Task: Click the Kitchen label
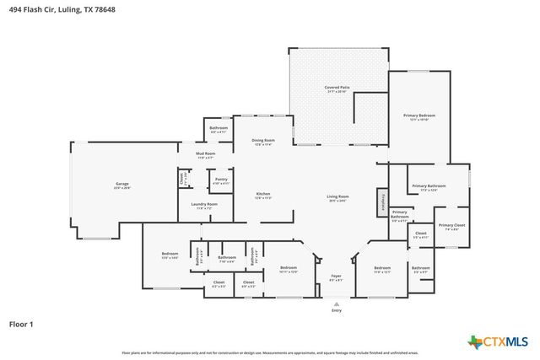264,195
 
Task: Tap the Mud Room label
206,154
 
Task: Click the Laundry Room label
205,205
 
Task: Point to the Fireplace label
384,201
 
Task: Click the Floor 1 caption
21,323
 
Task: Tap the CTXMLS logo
498,341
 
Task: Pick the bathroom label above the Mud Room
219,129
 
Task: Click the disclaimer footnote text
270,352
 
